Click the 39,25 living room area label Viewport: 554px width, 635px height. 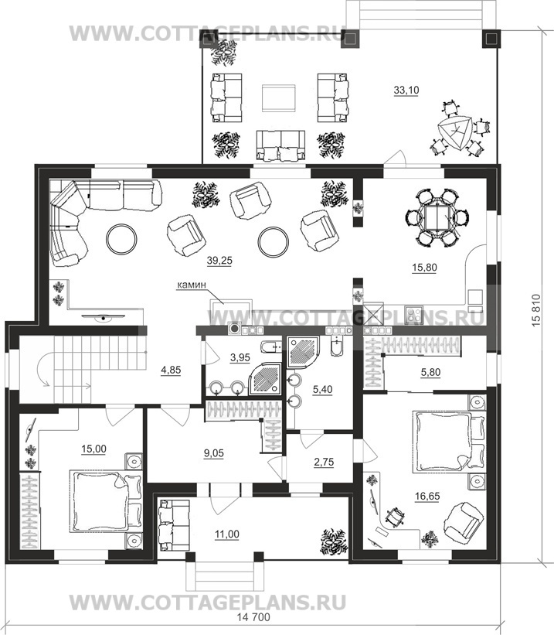(x=219, y=261)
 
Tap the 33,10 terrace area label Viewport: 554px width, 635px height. (x=406, y=90)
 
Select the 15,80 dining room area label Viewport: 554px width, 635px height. (x=424, y=268)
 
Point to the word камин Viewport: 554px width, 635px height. (x=192, y=285)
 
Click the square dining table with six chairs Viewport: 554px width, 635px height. (x=437, y=217)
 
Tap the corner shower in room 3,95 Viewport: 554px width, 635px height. (x=264, y=379)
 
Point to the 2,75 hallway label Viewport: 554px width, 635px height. (x=324, y=462)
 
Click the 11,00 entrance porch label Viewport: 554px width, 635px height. (x=227, y=534)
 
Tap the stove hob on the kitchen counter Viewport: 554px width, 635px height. (x=413, y=314)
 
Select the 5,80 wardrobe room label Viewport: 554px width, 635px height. (x=430, y=372)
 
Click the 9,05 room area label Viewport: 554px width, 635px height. (x=214, y=452)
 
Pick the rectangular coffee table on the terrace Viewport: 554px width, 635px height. (x=278, y=98)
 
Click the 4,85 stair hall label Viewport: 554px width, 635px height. (x=171, y=370)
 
